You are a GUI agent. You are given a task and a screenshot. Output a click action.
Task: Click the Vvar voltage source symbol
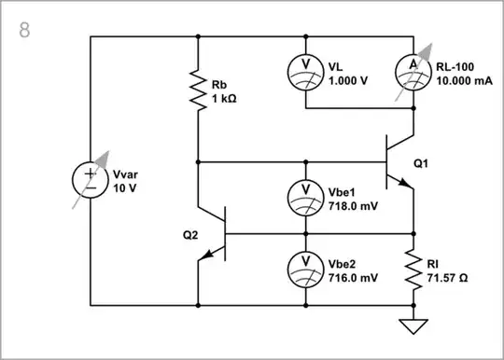tap(91, 179)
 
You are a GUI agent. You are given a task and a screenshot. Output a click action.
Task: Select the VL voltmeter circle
tap(304, 73)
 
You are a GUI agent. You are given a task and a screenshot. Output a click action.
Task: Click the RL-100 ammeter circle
tap(413, 73)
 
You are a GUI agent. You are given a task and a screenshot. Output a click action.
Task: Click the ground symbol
tap(413, 325)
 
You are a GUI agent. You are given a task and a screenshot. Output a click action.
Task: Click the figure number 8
tap(24, 29)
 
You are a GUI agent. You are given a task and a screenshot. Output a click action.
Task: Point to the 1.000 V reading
tap(348, 80)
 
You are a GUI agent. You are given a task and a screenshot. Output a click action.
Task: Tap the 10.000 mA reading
tap(463, 80)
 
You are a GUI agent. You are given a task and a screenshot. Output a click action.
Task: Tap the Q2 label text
tap(191, 234)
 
